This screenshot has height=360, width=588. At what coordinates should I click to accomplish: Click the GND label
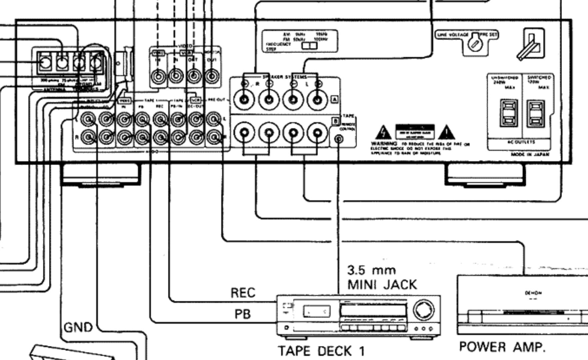[x=78, y=328]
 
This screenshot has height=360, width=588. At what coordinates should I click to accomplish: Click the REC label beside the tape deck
[x=243, y=293]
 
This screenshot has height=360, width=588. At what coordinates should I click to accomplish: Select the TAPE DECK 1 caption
[x=321, y=351]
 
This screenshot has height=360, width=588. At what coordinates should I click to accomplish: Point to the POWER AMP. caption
[x=502, y=347]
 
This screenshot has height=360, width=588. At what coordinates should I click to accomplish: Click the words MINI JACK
[x=382, y=285]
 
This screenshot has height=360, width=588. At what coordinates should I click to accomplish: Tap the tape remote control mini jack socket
[x=338, y=139]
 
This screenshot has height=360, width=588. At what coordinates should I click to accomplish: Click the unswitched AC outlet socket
[x=508, y=113]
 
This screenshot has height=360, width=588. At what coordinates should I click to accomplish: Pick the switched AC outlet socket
[x=535, y=113]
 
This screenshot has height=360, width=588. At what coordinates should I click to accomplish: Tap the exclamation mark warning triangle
[x=446, y=133]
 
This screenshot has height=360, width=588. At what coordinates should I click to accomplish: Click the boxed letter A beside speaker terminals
[x=334, y=99]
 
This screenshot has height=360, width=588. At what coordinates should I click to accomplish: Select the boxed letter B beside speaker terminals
[x=335, y=121]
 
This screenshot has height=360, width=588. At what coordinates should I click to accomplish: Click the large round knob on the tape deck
[x=423, y=310]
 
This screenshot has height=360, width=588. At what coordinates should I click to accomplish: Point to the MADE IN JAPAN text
[x=530, y=155]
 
